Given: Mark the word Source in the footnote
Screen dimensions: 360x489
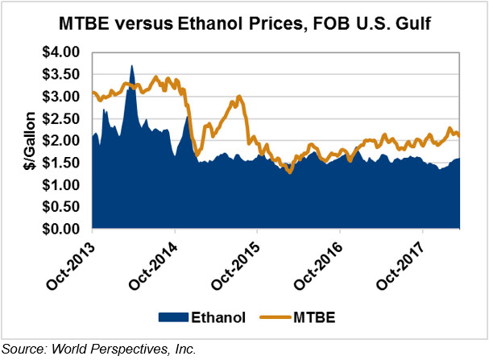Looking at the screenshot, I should pyautogui.click(x=25, y=348).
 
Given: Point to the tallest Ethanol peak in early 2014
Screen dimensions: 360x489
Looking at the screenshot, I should pyautogui.click(x=132, y=66).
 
